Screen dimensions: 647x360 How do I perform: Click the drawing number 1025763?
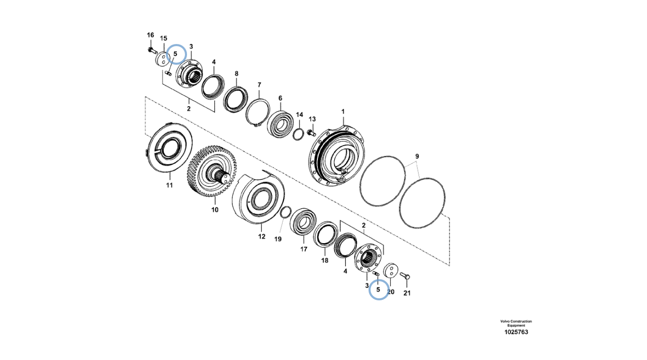tap(516, 332)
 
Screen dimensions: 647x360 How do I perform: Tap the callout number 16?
tap(151, 35)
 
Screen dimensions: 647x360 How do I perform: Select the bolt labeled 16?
tap(152, 51)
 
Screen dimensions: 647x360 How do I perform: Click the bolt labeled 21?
tap(405, 276)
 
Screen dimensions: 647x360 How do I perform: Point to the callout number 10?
tap(215, 210)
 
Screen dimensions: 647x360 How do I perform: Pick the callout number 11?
tap(169, 185)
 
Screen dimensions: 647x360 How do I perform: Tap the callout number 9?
tap(417, 156)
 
